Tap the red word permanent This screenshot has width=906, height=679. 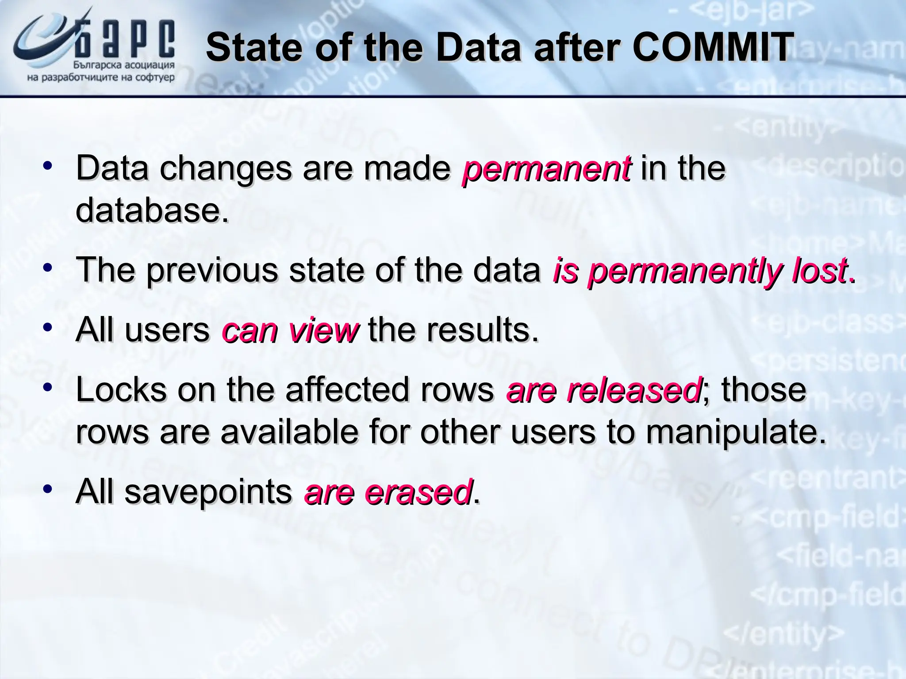pos(547,169)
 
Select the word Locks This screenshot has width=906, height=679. pos(121,390)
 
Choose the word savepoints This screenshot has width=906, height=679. pos(208,492)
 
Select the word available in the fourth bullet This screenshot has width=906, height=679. pos(289,432)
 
